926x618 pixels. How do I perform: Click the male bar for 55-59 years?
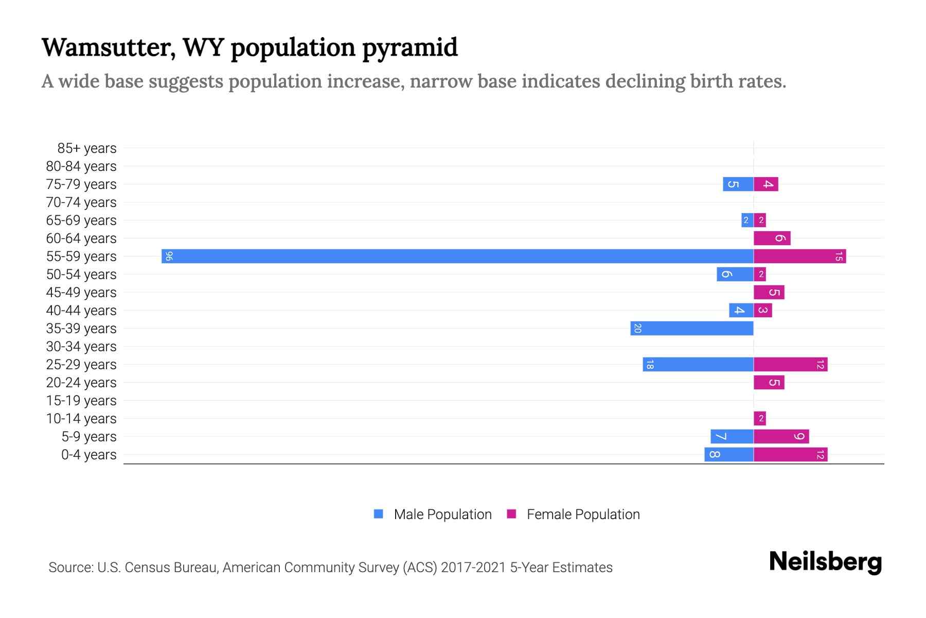pos(457,256)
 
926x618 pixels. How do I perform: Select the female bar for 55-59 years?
pos(799,256)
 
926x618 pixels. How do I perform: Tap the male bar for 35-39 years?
pos(692,328)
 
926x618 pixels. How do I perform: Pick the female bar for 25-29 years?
pos(790,364)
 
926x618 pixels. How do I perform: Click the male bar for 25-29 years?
pos(698,364)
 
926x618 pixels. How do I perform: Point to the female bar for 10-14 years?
pos(760,418)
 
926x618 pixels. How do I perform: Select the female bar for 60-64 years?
pos(772,238)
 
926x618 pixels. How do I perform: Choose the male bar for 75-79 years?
pos(738,184)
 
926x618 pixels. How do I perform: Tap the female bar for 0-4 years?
pos(790,454)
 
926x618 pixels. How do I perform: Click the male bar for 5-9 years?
pos(732,436)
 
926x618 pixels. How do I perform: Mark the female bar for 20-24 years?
pos(769,382)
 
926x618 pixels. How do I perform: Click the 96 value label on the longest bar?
pos(169,256)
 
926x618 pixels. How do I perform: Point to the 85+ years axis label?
pos(86,148)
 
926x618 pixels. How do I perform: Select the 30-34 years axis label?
pos(81,347)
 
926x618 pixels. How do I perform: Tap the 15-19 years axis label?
pos(81,401)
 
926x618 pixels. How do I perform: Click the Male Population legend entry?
pos(442,514)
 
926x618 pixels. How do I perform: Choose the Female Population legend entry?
pos(582,514)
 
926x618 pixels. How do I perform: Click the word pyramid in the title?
pos(409,47)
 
